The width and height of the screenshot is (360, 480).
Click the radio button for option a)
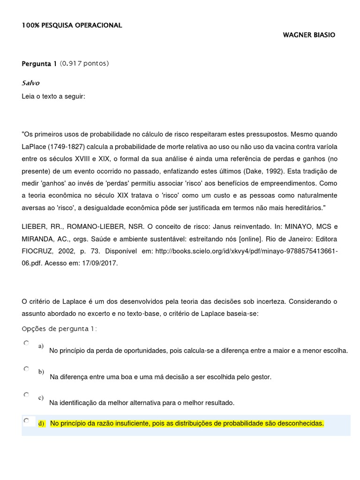coord(26,343)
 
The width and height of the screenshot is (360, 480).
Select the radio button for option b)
coord(26,369)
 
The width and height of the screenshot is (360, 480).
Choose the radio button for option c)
coord(26,395)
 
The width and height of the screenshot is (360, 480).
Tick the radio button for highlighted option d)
coord(26,420)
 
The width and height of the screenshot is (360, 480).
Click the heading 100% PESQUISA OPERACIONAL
coord(72,25)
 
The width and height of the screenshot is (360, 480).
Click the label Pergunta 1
coord(39,64)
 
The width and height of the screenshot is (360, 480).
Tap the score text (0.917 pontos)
coord(84,64)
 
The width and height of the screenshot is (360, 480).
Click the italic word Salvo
coord(30,83)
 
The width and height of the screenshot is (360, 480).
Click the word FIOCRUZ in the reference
coord(40,251)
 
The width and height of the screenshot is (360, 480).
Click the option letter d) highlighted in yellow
coord(41,424)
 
